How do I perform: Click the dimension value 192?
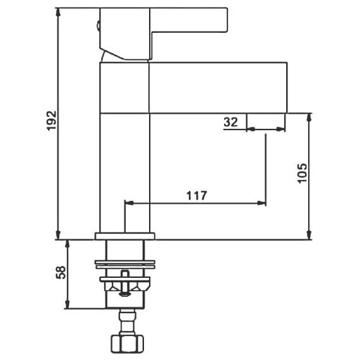pyautogui.click(x=52, y=121)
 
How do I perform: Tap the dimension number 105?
pyautogui.click(x=302, y=173)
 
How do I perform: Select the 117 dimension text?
pyautogui.click(x=197, y=196)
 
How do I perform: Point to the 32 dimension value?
pyautogui.click(x=231, y=122)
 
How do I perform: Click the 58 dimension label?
pyautogui.click(x=61, y=272)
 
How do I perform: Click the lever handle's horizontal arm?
pyautogui.click(x=189, y=20)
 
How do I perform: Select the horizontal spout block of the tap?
pyautogui.click(x=218, y=88)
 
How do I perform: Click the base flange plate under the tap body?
pyautogui.click(x=125, y=236)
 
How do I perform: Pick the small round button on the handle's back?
pyautogui.click(x=99, y=26)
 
